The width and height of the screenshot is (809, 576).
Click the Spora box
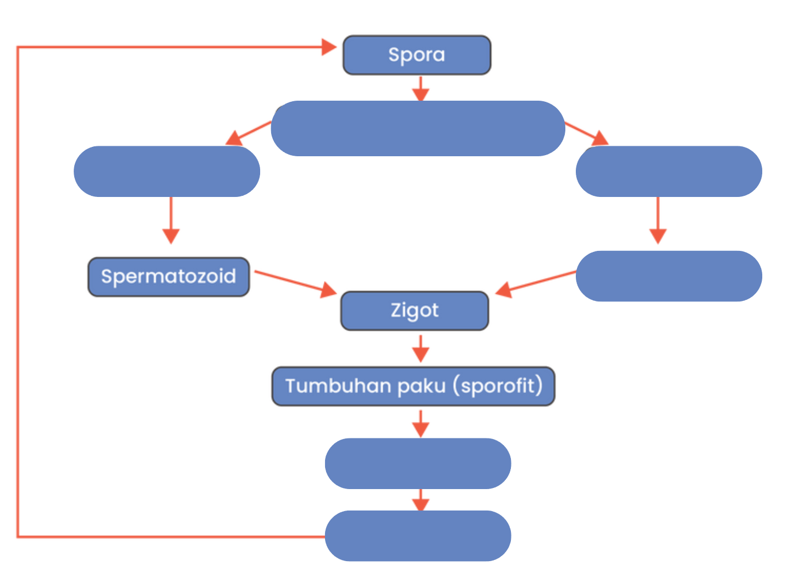click(417, 55)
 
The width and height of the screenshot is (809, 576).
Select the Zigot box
click(415, 311)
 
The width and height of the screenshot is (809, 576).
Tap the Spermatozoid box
click(169, 277)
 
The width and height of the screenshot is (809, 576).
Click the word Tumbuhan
click(338, 386)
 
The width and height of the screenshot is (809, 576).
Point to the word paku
click(421, 386)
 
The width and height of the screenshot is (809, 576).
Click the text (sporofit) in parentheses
click(498, 386)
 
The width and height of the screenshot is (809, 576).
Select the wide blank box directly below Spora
click(418, 128)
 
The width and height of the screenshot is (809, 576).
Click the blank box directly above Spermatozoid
click(167, 171)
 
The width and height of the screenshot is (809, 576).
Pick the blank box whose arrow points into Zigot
click(669, 276)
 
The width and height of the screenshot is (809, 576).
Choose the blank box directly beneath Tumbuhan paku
click(418, 464)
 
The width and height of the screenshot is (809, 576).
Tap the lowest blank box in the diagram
click(418, 536)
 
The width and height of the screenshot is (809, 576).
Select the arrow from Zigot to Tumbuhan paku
click(420, 348)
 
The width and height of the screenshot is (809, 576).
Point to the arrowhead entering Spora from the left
click(329, 47)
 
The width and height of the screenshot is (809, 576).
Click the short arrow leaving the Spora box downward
click(420, 89)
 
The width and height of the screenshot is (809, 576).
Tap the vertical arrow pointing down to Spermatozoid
click(171, 221)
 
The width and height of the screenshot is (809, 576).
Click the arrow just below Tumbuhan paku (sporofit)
click(420, 424)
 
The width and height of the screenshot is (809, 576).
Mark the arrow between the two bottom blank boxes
click(420, 500)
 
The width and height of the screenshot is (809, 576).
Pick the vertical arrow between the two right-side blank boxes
click(658, 221)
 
